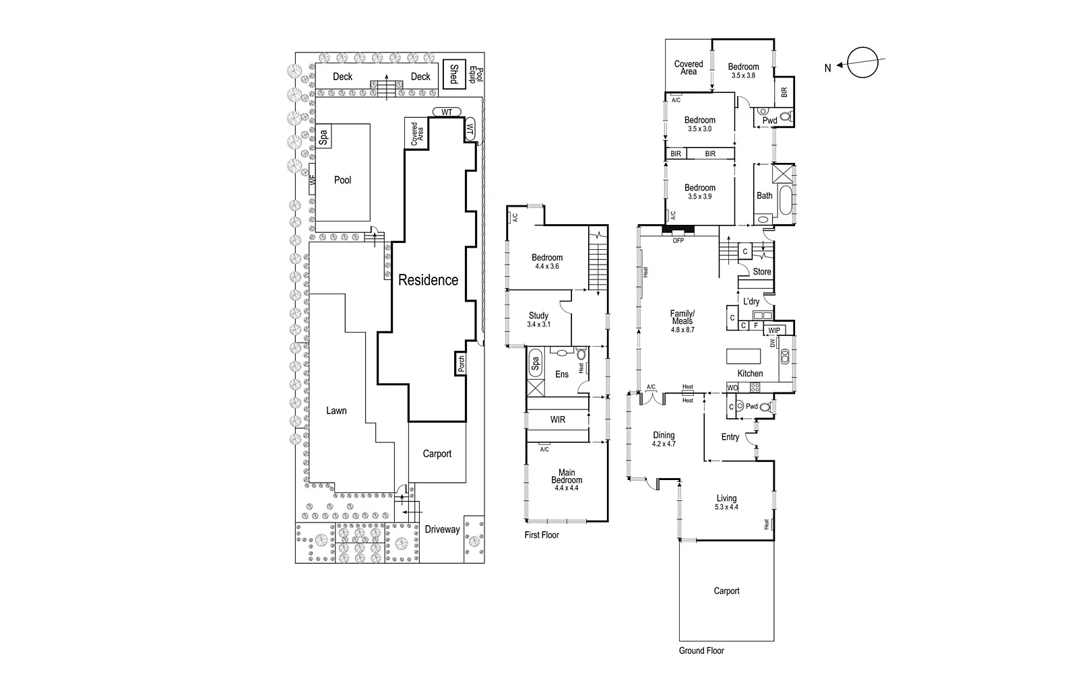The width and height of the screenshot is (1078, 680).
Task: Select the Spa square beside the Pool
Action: (x=323, y=138)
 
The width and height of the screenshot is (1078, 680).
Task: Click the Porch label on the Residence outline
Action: (x=461, y=364)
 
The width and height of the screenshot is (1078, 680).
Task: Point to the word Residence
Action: (x=428, y=280)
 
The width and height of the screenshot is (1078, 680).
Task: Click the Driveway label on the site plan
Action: (x=442, y=530)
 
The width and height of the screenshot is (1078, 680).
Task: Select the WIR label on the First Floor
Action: (x=558, y=419)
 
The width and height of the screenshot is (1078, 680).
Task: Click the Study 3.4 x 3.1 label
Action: (x=538, y=320)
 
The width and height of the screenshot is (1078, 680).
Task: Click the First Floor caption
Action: (x=542, y=535)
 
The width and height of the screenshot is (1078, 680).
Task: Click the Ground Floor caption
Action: (x=701, y=650)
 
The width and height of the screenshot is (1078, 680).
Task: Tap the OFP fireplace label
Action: (x=678, y=240)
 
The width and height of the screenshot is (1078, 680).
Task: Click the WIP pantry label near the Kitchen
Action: (x=773, y=331)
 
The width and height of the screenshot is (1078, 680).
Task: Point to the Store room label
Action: (x=762, y=272)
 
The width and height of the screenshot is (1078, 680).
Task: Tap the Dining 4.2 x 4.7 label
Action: (x=664, y=440)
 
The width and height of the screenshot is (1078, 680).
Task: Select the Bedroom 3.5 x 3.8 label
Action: (x=743, y=71)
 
